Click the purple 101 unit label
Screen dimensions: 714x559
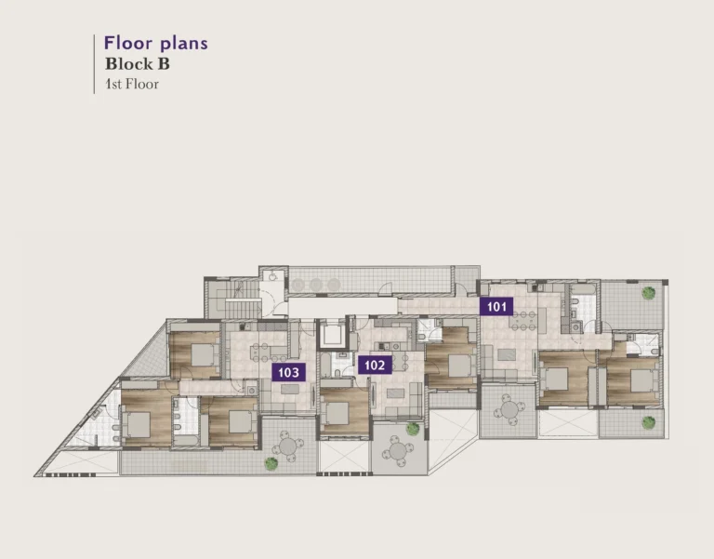496,307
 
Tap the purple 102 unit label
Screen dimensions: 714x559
375,365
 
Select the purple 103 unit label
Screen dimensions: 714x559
288,372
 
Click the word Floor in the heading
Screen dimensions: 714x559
128,43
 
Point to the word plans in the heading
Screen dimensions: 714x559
184,45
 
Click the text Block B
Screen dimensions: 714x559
138,64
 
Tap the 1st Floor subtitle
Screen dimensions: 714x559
132,85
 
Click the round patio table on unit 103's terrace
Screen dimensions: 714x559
288,446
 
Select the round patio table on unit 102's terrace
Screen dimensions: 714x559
398,451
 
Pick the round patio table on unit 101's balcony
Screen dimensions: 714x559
509,409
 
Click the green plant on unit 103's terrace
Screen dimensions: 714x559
271,464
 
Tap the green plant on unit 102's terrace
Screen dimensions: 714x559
413,429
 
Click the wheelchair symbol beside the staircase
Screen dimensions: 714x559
272,276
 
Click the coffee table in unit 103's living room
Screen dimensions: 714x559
290,389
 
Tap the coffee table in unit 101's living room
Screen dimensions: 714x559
507,354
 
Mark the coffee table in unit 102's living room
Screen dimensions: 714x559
395,393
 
